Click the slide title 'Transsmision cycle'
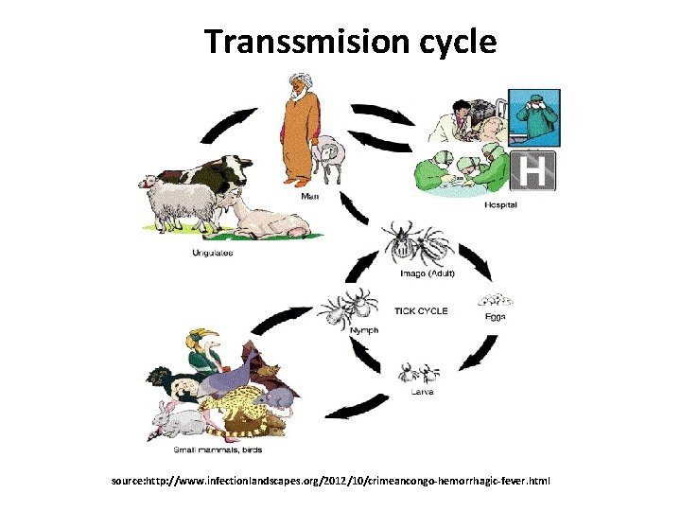350,42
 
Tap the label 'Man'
309,197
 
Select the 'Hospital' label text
500,204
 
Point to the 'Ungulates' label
213,253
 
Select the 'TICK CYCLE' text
420,310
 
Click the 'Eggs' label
497,316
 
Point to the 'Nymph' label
363,330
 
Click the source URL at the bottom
331,482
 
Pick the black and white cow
218,172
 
